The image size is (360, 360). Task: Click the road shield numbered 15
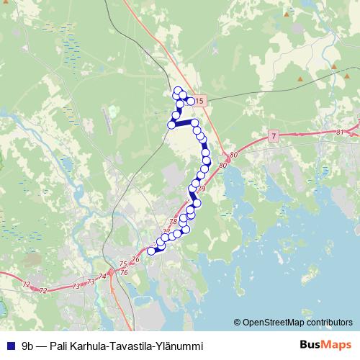[x=199, y=102]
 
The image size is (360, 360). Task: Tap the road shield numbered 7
[x=274, y=135]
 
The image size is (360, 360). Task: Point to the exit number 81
[x=340, y=132]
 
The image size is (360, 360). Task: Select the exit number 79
[x=201, y=189]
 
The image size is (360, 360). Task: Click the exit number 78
[x=172, y=222]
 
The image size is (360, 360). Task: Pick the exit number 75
[x=123, y=264]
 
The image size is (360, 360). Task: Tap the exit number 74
[x=102, y=276]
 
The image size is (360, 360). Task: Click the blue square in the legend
[x=10, y=345]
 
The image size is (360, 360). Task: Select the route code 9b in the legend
[x=28, y=345]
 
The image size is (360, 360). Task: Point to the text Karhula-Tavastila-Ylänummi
[x=138, y=345]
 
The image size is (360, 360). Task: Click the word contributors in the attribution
[x=328, y=322]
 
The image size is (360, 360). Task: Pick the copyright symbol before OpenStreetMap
[x=238, y=322]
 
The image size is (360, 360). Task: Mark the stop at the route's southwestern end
[x=151, y=251]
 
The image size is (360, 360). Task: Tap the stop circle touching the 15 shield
[x=191, y=101]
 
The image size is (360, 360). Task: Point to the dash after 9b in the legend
[x=42, y=345]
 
